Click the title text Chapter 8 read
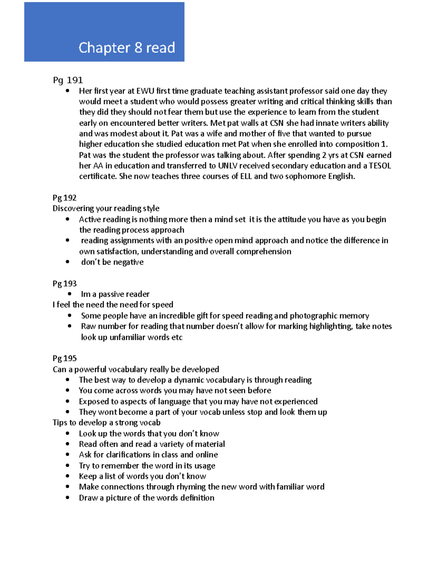(127, 48)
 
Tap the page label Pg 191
(68, 80)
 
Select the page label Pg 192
(65, 198)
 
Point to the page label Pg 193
(65, 283)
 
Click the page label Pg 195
(65, 358)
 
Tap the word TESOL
(380, 166)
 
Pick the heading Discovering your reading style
(106, 208)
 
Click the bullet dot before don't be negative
(68, 262)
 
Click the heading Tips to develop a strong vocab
(106, 422)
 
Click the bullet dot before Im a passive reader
(69, 294)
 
